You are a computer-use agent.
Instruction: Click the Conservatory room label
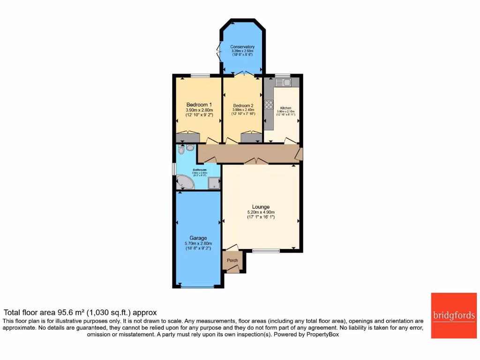[x=242, y=47]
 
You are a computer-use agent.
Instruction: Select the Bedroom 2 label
[x=243, y=105]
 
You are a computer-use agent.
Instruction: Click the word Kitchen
[x=285, y=108]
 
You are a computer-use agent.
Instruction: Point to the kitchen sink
[x=284, y=82]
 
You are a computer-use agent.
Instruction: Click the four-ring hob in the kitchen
[x=269, y=105]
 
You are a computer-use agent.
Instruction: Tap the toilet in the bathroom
[x=189, y=148]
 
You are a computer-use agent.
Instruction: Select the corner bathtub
[x=184, y=183]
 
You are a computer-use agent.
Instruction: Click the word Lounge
[x=261, y=207]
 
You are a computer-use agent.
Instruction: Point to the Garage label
[x=198, y=238]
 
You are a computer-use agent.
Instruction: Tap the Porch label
[x=232, y=261]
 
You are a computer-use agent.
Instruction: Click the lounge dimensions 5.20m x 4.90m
[x=261, y=212]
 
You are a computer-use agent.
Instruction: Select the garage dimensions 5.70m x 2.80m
[x=198, y=243]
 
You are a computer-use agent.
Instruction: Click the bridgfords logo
[x=454, y=315]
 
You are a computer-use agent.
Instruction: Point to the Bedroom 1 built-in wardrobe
[x=187, y=137]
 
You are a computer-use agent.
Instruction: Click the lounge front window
[x=266, y=251]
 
